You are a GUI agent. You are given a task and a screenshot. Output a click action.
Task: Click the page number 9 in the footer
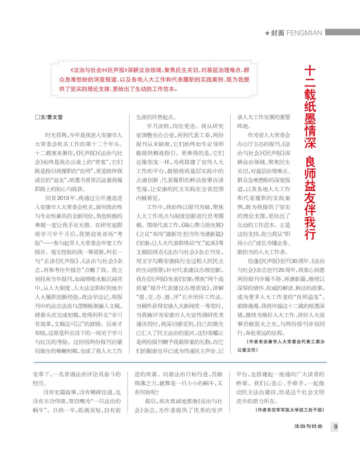tap(335, 427)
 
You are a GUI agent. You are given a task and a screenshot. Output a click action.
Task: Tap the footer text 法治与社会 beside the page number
tap(309, 426)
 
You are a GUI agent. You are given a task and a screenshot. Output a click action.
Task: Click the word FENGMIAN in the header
tap(304, 33)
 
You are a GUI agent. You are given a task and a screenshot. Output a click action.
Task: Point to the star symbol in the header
tap(267, 33)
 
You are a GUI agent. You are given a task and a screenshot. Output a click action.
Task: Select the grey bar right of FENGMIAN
tap(342, 32)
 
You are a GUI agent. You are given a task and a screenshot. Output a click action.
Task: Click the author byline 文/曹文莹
tap(51, 117)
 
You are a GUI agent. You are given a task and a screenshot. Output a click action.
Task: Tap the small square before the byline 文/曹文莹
tap(37, 117)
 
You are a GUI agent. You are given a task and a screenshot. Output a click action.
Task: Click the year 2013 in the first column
tap(63, 198)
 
